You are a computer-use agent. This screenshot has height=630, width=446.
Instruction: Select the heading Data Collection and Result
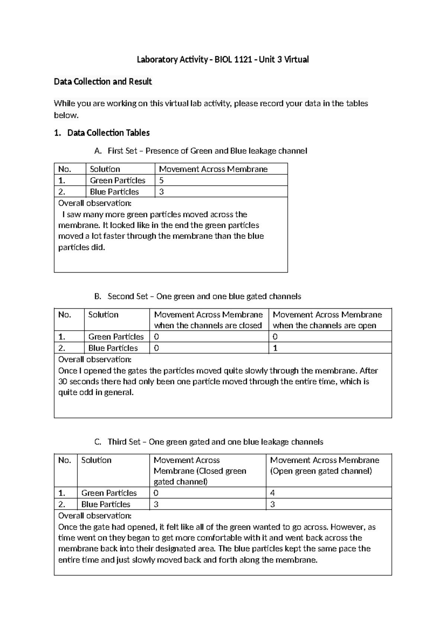pyautogui.click(x=103, y=81)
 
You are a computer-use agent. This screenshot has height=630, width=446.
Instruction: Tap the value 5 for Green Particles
pyautogui.click(x=161, y=181)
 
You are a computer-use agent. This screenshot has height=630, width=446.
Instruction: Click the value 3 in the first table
pyautogui.click(x=161, y=192)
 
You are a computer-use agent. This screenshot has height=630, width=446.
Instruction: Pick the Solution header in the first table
pyautogui.click(x=105, y=169)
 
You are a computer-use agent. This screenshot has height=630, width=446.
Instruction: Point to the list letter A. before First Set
pyautogui.click(x=98, y=151)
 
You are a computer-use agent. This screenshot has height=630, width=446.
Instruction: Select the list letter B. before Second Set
pyautogui.click(x=98, y=296)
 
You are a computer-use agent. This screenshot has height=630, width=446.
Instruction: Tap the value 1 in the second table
pyautogui.click(x=275, y=348)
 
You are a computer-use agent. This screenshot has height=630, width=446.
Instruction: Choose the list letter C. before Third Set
pyautogui.click(x=98, y=442)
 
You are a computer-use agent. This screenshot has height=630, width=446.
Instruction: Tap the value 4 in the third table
pyautogui.click(x=272, y=493)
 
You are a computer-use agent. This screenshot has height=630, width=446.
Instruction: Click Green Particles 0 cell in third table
pyautogui.click(x=156, y=493)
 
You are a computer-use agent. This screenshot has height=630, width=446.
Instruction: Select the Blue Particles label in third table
pyautogui.click(x=106, y=504)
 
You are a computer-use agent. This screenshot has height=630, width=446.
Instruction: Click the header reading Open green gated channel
pyautogui.click(x=321, y=471)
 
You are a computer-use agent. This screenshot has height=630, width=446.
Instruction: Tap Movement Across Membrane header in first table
pyautogui.click(x=213, y=169)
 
